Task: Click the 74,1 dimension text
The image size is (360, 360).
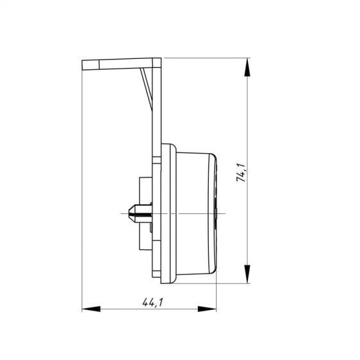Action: (x=241, y=173)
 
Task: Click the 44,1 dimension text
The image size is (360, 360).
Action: (x=152, y=302)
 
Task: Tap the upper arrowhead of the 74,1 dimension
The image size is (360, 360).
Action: (x=247, y=67)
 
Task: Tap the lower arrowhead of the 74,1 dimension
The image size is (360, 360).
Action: (x=247, y=274)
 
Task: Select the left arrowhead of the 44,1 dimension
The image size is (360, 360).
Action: (x=91, y=309)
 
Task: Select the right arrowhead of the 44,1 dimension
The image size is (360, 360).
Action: (x=207, y=309)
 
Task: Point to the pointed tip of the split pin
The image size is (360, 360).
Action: (x=129, y=214)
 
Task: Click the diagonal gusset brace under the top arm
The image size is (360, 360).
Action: (x=147, y=88)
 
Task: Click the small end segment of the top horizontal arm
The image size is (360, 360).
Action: (x=91, y=65)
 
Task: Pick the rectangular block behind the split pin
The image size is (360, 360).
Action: (x=145, y=213)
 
